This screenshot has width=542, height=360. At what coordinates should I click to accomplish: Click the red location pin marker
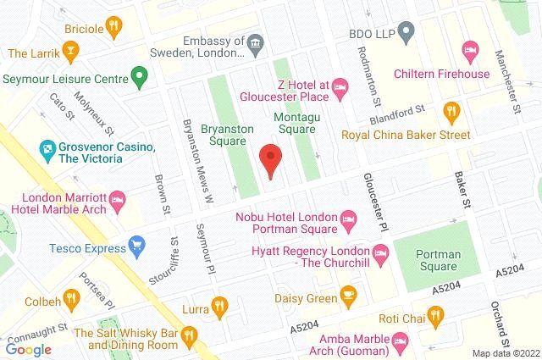click(x=270, y=160)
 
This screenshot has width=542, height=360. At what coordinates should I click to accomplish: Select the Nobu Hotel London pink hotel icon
click(x=348, y=222)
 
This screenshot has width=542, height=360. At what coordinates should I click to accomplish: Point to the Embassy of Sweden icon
click(x=254, y=42)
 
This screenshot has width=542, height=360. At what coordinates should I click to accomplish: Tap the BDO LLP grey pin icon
click(x=406, y=34)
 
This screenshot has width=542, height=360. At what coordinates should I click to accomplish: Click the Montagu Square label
click(x=294, y=123)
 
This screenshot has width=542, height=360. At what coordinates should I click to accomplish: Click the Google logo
click(x=29, y=348)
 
